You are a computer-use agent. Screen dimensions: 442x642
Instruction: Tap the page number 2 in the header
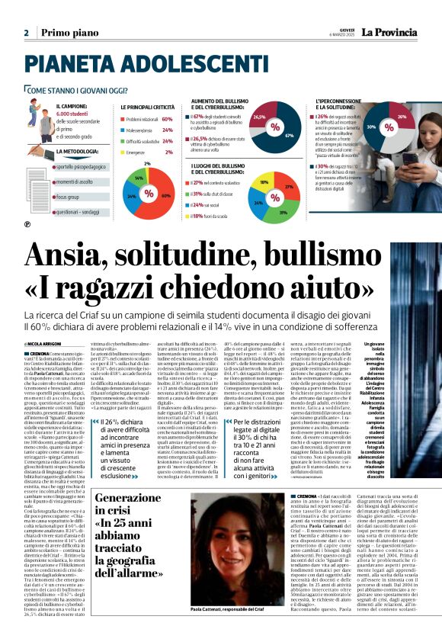pyautogui.click(x=26, y=33)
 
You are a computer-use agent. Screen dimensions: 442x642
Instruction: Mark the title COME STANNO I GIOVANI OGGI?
pyautogui.click(x=78, y=90)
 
